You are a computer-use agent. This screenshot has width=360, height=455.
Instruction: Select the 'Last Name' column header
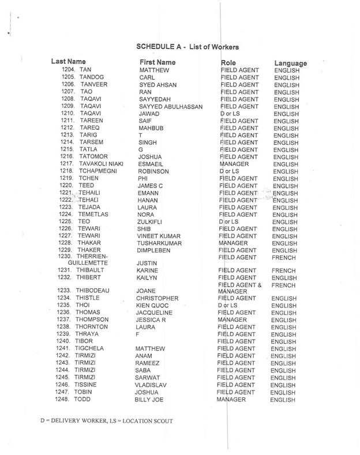pyautogui.click(x=69, y=61)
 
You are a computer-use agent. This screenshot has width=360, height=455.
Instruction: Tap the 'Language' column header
pyautogui.click(x=290, y=63)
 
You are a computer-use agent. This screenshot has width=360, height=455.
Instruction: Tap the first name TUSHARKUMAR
pyautogui.click(x=164, y=243)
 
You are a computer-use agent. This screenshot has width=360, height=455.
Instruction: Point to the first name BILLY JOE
pyautogui.click(x=156, y=400)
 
